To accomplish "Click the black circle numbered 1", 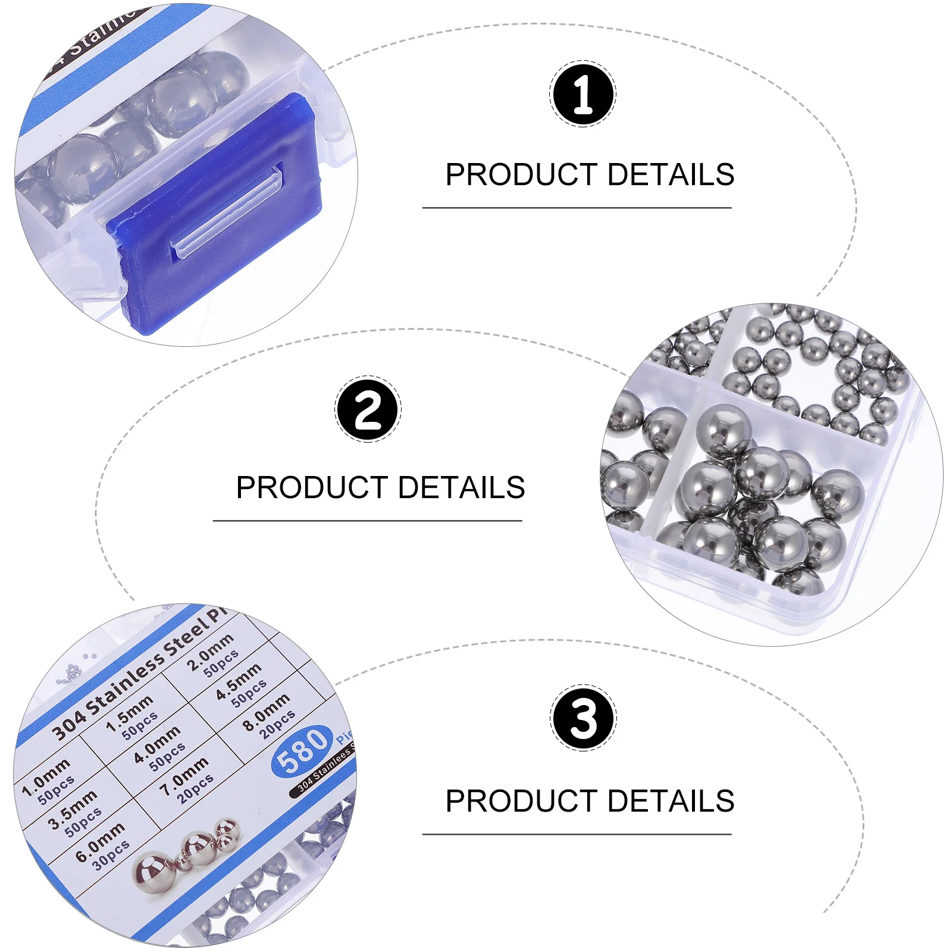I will (583, 93).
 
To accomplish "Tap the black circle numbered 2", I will (368, 409).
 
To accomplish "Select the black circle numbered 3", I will (583, 718).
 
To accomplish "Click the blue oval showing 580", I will (302, 751).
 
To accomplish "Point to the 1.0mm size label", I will (46, 777).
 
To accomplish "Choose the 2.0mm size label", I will (209, 652).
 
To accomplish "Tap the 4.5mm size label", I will (238, 681).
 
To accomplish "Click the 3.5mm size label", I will (73, 809).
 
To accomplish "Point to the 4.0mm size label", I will (157, 744).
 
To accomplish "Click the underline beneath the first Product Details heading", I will (577, 208).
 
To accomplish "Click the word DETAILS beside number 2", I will (462, 487).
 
